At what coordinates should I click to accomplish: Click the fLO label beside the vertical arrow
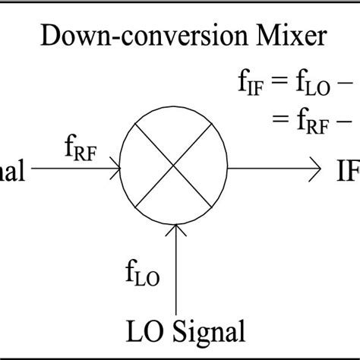[142, 272]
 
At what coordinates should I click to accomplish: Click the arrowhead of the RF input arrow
[115, 164]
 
